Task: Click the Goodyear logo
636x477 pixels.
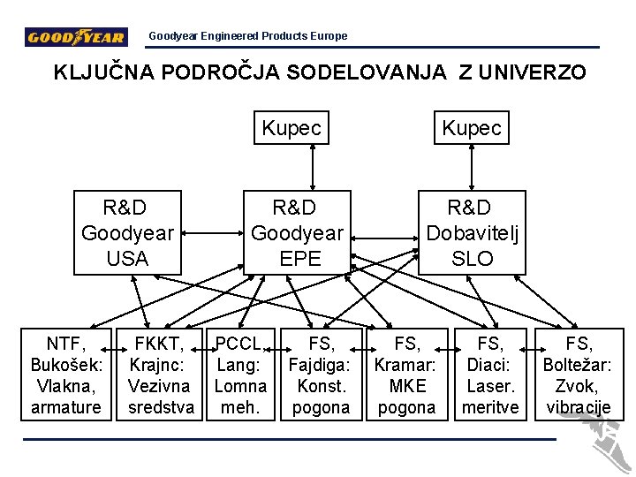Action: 76,37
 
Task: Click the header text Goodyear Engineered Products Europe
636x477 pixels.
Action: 247,36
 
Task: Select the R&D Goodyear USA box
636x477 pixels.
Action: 126,232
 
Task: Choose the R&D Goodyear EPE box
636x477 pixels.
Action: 296,232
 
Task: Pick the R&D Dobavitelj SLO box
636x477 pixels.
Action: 472,232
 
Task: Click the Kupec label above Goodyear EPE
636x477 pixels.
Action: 291,128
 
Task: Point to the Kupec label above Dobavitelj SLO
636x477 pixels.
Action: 472,128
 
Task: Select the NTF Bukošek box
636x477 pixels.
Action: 66,375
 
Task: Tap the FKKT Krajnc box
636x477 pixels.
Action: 159,375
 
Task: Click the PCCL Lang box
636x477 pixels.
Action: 240,375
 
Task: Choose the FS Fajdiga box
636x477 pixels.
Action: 321,375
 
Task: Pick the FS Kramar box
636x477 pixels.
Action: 406,375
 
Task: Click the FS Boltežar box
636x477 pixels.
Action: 579,375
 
